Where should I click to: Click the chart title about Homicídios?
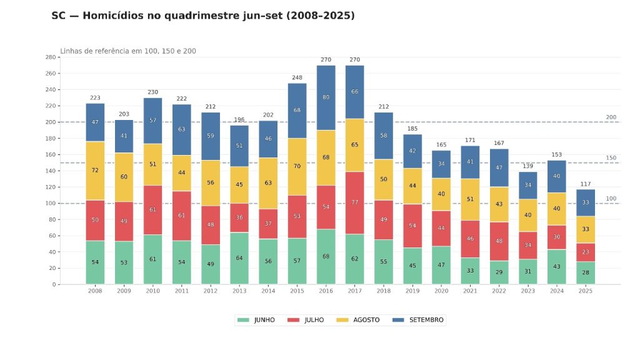(203, 16)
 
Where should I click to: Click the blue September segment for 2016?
(326, 97)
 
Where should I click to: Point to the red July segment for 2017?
(355, 202)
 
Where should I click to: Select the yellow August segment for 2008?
(95, 171)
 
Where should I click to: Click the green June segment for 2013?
(239, 258)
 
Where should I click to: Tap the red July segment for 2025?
(586, 252)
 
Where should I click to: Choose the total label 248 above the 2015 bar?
(297, 78)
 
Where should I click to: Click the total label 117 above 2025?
(586, 184)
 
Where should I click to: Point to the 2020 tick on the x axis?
(441, 291)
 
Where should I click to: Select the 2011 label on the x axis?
(182, 291)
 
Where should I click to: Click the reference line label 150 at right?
(611, 158)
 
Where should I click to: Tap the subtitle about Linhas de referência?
(128, 51)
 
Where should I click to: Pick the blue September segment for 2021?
(470, 162)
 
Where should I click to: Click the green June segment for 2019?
(412, 266)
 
